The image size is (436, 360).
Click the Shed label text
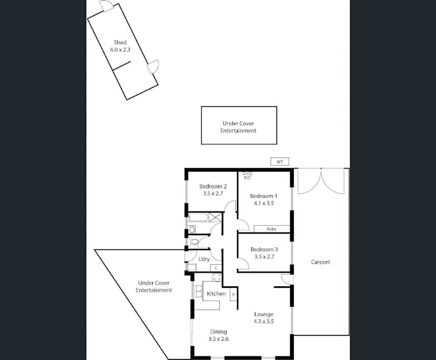[x=120, y=42]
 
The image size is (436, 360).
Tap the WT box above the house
[x=280, y=162]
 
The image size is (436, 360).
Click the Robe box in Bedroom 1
[x=271, y=229]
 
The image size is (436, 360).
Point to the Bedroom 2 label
[x=213, y=186]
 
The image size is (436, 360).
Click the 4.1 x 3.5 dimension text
[x=263, y=203]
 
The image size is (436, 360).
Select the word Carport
[x=320, y=262]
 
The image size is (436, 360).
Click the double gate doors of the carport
[x=321, y=181]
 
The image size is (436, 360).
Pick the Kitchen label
[x=216, y=294]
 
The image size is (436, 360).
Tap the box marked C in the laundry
[x=215, y=268]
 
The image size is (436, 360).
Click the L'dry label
[x=204, y=258]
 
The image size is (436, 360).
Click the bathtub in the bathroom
[x=198, y=217]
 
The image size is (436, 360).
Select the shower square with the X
[x=215, y=217]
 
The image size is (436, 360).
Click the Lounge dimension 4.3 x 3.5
[x=263, y=321]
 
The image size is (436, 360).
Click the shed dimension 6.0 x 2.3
[x=120, y=49]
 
